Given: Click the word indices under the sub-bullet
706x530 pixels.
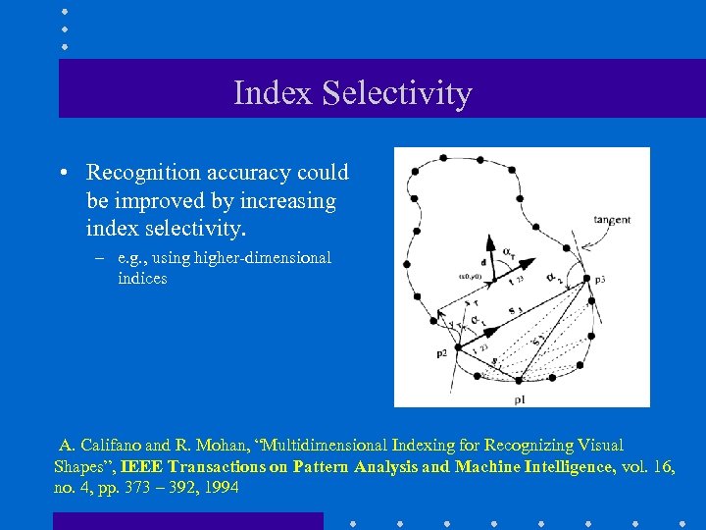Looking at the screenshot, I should (142, 278).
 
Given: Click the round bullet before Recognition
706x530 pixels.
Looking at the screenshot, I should (62, 174).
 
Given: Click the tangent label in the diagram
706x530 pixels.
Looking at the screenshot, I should (612, 220).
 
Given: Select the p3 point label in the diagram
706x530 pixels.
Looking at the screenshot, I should (600, 280).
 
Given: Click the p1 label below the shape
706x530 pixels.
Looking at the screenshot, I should (519, 399).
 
